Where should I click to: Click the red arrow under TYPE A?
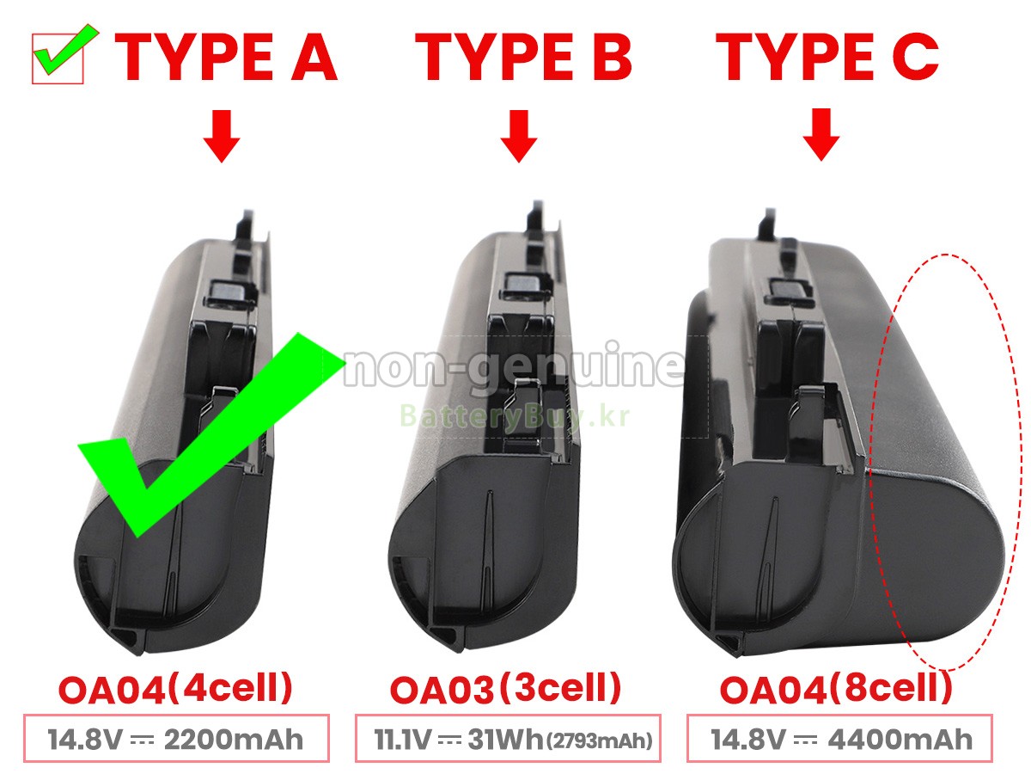222,136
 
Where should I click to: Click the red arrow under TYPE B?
519,136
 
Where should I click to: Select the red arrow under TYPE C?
821,135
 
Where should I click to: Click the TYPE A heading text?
226,58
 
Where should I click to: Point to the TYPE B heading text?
523,58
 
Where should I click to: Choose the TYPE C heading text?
827,58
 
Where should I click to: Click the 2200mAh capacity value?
234,740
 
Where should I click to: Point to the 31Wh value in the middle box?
505,740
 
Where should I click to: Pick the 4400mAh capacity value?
900,740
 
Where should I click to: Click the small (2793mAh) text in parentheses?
600,741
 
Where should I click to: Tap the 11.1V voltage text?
402,740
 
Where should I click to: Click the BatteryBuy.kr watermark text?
515,416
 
